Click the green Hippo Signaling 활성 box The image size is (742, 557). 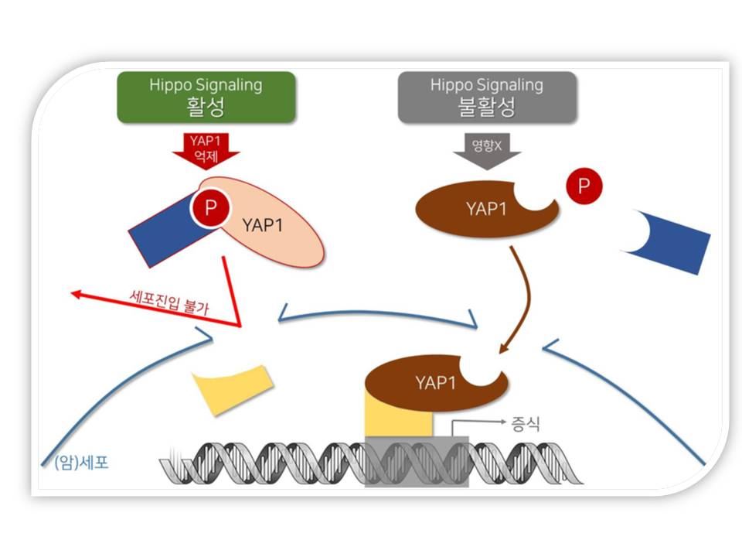[206, 97]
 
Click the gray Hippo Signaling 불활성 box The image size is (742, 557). [487, 97]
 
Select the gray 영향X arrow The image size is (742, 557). [487, 151]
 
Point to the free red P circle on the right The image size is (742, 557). [584, 186]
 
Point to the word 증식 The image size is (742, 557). [525, 423]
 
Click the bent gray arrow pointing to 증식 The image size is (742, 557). [464, 425]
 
